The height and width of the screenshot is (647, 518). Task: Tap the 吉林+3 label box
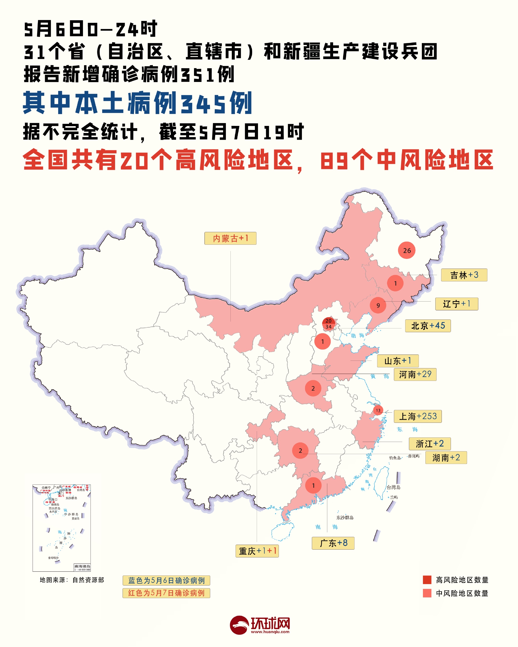464,275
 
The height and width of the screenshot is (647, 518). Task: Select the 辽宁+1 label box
457,304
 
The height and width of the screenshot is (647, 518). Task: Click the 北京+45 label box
428,326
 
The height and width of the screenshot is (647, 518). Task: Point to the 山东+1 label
398,361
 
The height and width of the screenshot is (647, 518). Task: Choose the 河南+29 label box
415,374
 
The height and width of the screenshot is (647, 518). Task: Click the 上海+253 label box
417,416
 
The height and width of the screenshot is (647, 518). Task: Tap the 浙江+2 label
429,443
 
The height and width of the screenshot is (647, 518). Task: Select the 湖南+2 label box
446,457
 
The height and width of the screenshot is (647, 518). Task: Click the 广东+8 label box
333,543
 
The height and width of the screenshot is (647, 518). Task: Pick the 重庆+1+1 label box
257,551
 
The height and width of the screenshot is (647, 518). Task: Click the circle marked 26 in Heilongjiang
407,250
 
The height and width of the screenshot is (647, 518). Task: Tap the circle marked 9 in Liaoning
378,305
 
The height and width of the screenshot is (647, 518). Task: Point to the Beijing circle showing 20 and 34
329,324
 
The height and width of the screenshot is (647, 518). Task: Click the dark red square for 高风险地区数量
427,580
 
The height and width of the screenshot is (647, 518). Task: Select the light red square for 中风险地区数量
427,593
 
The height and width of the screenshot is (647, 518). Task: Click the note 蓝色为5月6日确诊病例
166,581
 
